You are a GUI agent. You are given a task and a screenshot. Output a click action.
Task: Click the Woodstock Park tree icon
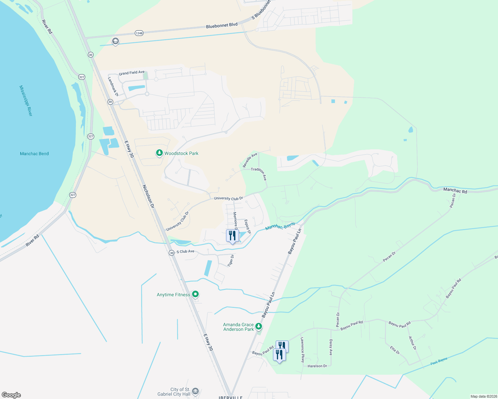click(159, 153)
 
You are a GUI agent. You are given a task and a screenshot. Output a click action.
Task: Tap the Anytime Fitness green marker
click(196, 294)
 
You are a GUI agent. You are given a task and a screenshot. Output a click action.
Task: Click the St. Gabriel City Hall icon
click(195, 391)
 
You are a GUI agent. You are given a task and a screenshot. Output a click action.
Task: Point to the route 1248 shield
click(139, 33)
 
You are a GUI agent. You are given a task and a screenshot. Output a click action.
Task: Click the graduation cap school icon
click(116, 42)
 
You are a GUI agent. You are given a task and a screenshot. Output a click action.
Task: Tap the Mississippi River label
click(26, 101)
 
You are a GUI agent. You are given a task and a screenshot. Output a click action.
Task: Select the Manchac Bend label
click(34, 154)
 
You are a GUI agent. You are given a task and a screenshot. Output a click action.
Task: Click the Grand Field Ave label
click(132, 72)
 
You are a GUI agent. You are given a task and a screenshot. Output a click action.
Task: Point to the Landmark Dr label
click(113, 87)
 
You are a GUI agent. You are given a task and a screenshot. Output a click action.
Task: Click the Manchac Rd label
click(455, 191)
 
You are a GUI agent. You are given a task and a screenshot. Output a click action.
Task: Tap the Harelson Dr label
click(317, 366)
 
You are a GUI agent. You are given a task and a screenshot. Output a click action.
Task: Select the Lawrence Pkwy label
click(302, 350)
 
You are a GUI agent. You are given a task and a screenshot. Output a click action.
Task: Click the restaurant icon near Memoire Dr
click(232, 236)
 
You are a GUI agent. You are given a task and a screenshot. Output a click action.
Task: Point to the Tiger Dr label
click(231, 260)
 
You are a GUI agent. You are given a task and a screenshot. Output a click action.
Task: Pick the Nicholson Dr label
click(148, 196)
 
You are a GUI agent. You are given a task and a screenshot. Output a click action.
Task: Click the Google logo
click(11, 395)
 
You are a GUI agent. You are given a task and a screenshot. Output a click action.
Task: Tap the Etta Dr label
click(395, 350)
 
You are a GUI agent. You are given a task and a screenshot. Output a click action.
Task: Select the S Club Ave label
click(185, 251)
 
